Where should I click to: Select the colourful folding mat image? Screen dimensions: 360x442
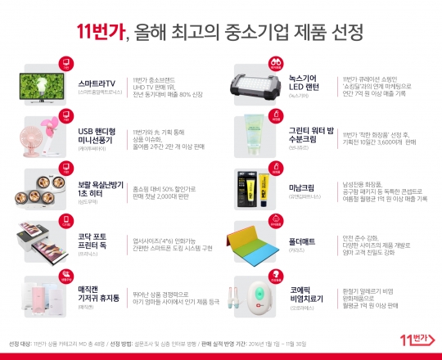coord(263,240)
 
